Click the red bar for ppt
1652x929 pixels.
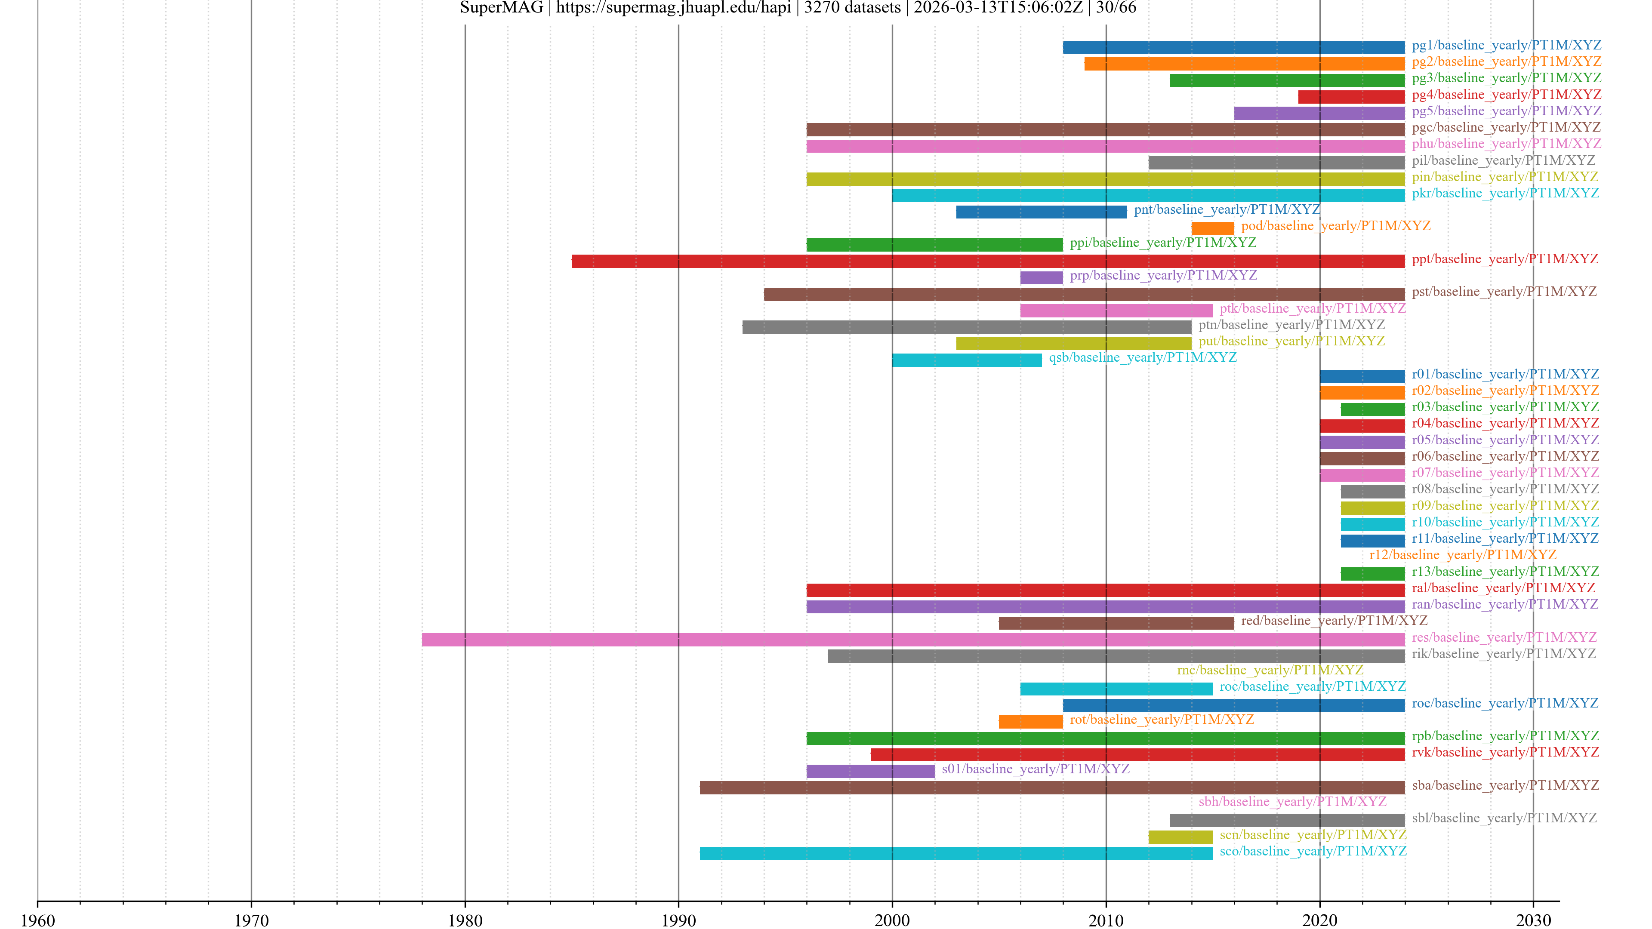tap(988, 261)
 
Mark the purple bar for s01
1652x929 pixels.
tap(870, 771)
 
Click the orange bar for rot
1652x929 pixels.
tap(1031, 722)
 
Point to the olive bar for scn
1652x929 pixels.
tap(1180, 837)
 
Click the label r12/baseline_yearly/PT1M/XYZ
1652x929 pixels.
tap(1462, 554)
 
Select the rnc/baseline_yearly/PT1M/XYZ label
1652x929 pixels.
tap(1270, 670)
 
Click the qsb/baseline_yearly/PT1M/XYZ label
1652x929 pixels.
tap(1142, 357)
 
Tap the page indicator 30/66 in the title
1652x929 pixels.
tap(1116, 8)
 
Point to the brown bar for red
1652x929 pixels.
tap(1116, 623)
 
